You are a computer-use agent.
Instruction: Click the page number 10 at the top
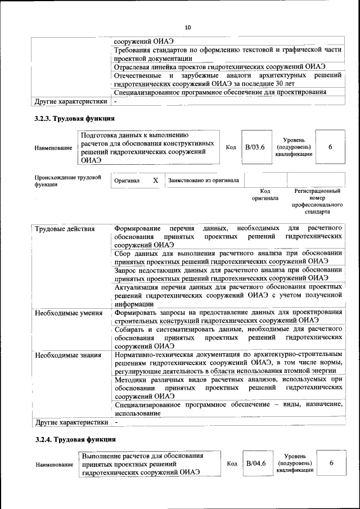[x=188, y=28]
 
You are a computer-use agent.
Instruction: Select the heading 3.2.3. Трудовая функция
[x=75, y=119]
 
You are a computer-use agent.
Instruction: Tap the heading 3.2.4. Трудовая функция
[x=75, y=439]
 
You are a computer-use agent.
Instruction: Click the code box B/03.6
[x=255, y=147]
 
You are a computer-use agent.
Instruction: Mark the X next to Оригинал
[x=156, y=181]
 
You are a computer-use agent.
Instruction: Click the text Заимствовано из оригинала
[x=204, y=181]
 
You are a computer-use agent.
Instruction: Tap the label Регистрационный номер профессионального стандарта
[x=317, y=201]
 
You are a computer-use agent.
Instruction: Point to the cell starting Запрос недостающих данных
[x=228, y=274]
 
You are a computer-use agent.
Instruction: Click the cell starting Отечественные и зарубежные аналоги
[x=228, y=79]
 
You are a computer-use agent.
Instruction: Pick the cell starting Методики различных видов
[x=228, y=388]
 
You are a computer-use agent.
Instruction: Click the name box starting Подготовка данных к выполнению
[x=146, y=147]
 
